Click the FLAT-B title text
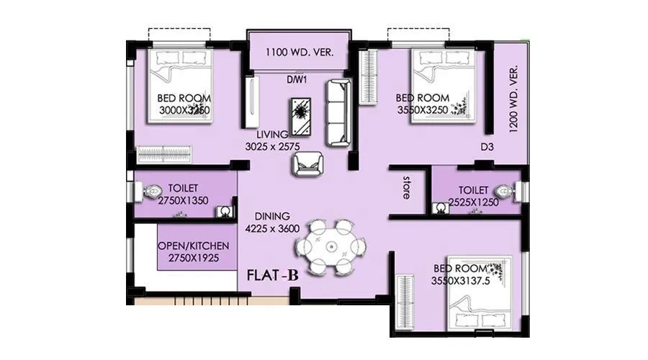(273, 275)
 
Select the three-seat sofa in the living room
(338, 113)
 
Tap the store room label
(407, 184)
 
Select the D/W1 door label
(297, 80)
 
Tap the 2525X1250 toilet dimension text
(473, 203)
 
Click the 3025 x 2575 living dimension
(271, 146)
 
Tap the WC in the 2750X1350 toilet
(152, 193)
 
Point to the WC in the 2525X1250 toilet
(507, 192)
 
